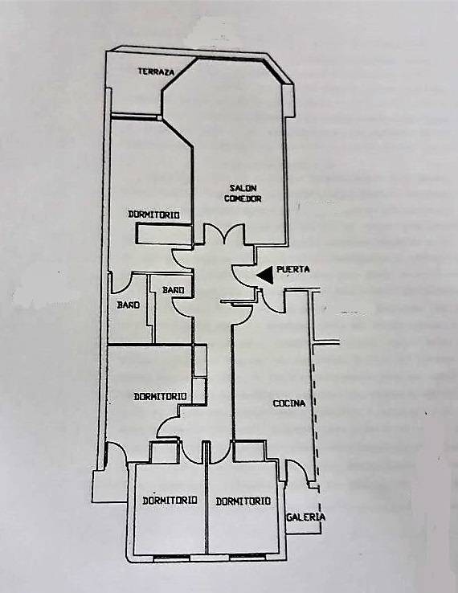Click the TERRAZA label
[x=156, y=72]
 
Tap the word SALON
[x=243, y=188]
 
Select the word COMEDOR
[x=243, y=198]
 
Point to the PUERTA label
[x=293, y=270]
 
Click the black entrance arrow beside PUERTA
[x=265, y=275]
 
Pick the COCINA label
[x=289, y=403]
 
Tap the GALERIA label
[x=305, y=517]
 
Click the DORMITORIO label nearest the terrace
[x=153, y=215]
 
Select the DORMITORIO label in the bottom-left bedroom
[x=170, y=501]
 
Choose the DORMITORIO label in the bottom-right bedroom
[x=243, y=501]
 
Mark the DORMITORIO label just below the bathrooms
[x=161, y=397]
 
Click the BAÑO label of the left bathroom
[x=129, y=305]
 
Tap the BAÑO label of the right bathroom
[x=174, y=290]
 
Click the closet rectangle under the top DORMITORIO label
[x=163, y=234]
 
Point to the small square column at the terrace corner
[x=160, y=118]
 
